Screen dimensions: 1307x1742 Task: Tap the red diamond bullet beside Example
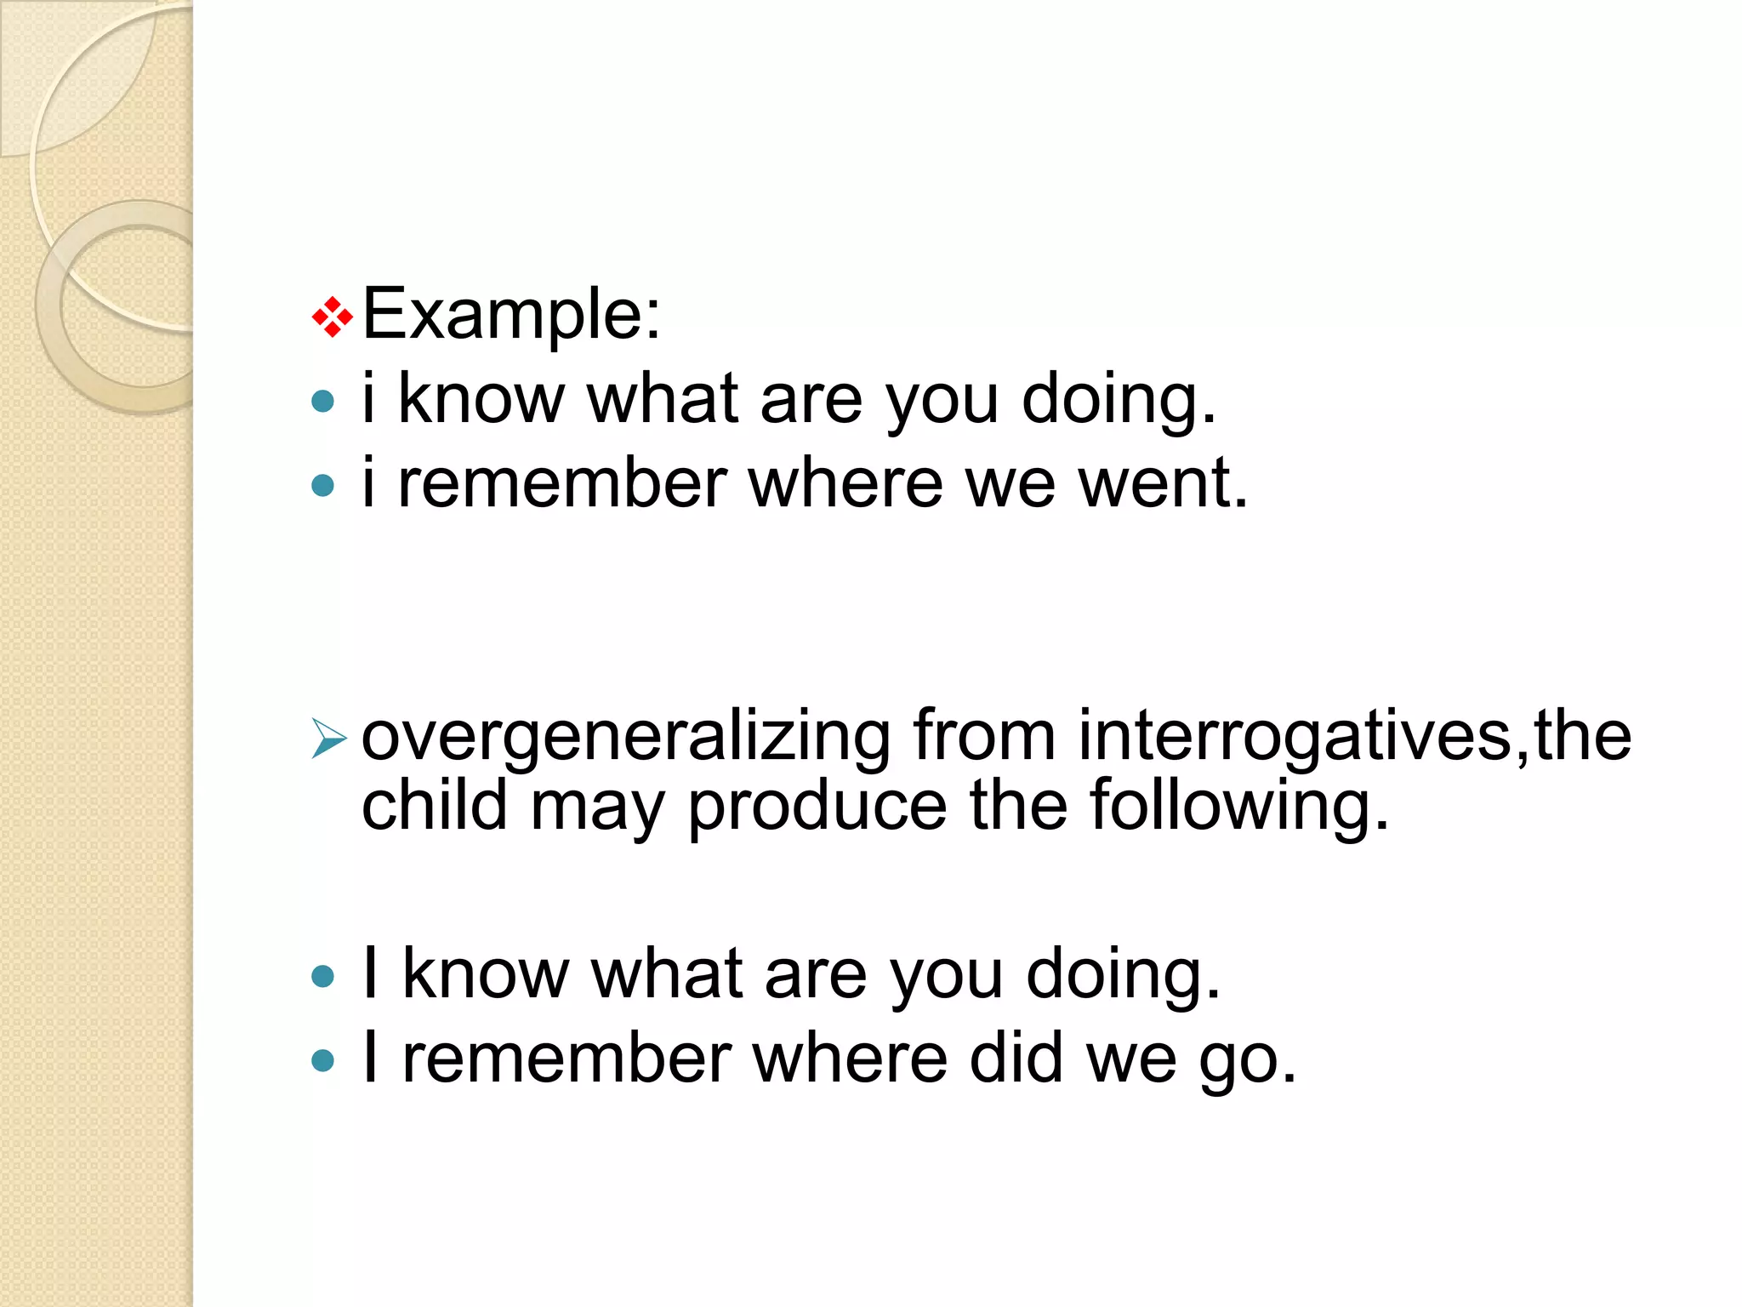[x=332, y=318]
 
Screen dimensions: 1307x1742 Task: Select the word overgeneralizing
[x=626, y=736]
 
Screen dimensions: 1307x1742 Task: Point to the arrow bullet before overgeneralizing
[x=328, y=737]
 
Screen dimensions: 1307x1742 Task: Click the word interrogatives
[x=1295, y=736]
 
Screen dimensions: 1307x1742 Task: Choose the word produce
[x=817, y=807]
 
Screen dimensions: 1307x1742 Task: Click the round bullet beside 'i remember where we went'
[x=323, y=485]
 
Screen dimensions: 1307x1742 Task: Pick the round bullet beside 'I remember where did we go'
[x=323, y=1060]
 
